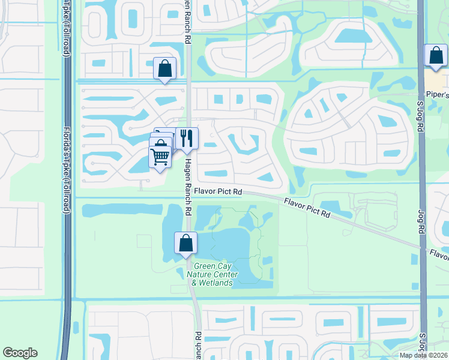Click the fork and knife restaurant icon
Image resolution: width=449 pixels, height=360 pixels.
[x=187, y=139]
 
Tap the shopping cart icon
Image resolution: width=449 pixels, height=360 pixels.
[x=160, y=157]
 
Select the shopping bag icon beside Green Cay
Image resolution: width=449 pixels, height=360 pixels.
[x=186, y=243]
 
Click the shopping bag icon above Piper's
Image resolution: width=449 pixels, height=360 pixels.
[x=435, y=56]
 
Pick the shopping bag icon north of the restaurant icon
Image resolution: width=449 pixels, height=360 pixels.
[x=164, y=69]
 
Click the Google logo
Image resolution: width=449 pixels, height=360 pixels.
[x=20, y=352]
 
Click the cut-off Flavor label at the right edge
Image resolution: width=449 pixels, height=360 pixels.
[x=438, y=254]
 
